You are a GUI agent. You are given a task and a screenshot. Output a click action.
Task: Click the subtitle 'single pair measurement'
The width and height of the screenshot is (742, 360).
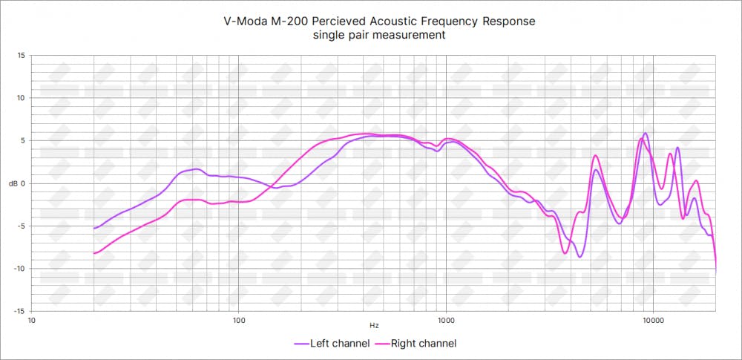coord(379,36)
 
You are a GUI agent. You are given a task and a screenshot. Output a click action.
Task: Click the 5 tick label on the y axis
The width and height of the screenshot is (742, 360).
coord(22,140)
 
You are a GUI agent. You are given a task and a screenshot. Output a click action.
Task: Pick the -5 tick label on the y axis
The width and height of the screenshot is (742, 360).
coord(21,226)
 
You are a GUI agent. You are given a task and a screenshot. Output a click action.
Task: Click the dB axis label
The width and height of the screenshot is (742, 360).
coord(15,183)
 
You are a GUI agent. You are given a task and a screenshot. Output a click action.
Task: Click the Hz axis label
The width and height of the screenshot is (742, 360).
coord(374,325)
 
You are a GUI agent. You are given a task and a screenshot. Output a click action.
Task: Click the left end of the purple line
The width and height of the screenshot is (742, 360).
coord(93,229)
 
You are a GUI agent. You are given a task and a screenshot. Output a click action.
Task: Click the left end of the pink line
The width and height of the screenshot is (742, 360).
coord(93,254)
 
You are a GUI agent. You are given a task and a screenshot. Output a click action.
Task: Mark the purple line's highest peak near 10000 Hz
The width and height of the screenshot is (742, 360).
coord(646,134)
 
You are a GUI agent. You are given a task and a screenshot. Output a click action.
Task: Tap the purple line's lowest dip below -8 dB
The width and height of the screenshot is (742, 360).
coord(580,257)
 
